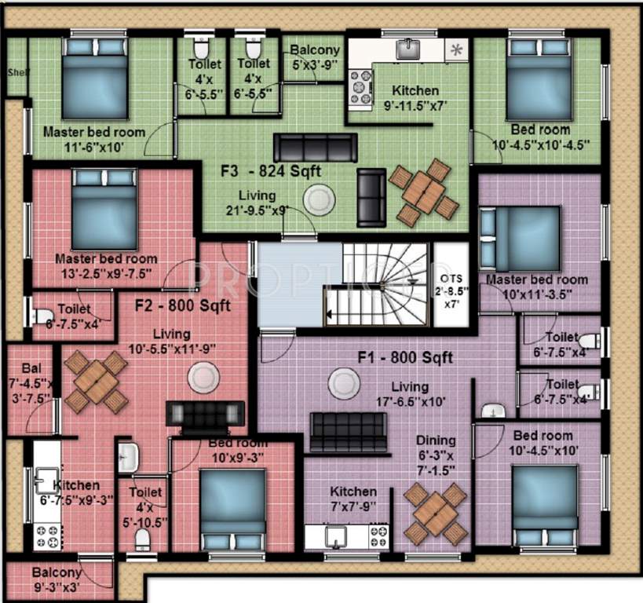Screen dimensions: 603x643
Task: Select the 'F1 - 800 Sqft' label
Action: point(405,358)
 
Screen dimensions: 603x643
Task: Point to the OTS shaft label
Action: point(451,283)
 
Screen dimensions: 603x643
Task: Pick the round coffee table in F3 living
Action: point(320,199)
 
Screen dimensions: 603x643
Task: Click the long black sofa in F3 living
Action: point(315,147)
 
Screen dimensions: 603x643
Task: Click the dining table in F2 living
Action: point(97,382)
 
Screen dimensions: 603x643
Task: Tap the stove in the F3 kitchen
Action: point(360,86)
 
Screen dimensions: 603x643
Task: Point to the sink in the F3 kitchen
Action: point(407,49)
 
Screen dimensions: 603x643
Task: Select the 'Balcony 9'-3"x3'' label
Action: point(57,579)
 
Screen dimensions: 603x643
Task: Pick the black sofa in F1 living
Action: point(348,432)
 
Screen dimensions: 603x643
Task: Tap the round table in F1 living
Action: point(344,384)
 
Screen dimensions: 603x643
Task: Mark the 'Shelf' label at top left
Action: point(16,71)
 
